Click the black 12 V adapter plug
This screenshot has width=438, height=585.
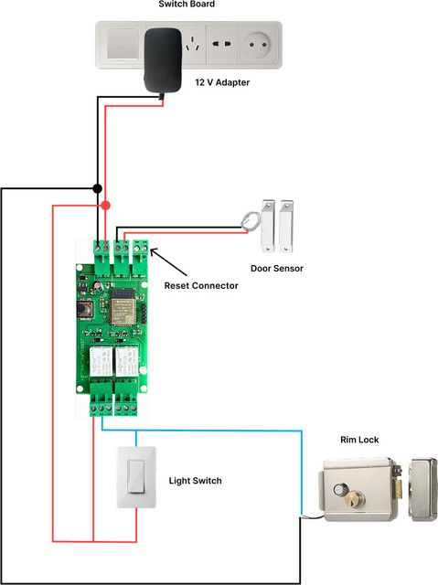point(163,59)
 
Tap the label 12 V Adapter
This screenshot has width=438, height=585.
point(222,82)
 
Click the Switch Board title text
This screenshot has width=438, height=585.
point(187,4)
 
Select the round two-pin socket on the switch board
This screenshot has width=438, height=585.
point(258,45)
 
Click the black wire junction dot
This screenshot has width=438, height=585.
point(97,188)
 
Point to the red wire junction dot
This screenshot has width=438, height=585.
point(106,205)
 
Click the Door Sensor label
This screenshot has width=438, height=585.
point(277,268)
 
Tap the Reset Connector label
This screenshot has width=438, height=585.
point(201,286)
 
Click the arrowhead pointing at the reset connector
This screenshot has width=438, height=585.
point(154,251)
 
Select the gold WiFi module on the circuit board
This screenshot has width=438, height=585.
point(122,307)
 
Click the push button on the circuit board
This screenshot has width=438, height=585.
point(85,309)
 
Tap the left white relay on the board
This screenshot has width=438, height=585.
point(101,362)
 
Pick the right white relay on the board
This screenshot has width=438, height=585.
point(127,362)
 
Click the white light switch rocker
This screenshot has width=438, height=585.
point(136,477)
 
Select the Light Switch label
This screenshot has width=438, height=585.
point(195,481)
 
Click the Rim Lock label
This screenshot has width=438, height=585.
point(359,440)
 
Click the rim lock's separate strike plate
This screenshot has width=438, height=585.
point(423,489)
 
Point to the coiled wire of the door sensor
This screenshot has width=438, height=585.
point(250,221)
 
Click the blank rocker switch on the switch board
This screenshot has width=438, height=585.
point(123,44)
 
